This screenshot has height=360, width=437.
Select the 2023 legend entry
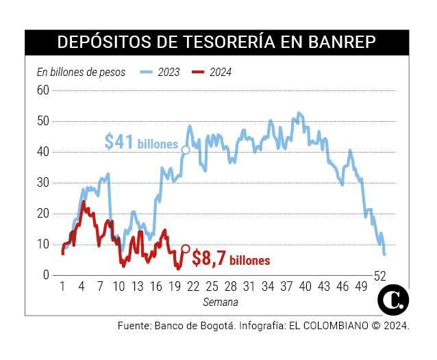click(168, 72)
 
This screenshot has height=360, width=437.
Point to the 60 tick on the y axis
click(43, 90)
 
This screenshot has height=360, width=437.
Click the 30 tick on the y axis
click(43, 183)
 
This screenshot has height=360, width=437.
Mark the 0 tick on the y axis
click(46, 275)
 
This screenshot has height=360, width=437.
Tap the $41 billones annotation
click(140, 142)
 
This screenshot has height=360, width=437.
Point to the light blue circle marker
click(186, 149)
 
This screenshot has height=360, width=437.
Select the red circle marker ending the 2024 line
click(185, 249)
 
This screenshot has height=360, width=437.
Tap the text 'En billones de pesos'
click(81, 72)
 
